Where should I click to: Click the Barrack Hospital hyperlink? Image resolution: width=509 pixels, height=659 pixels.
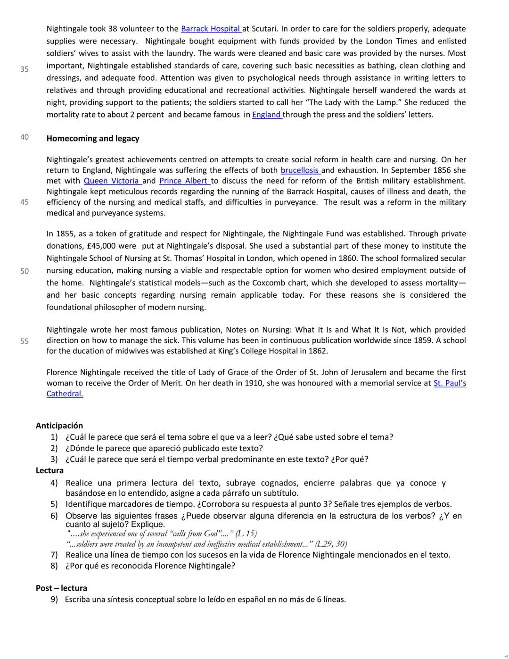pyautogui.click(x=211, y=29)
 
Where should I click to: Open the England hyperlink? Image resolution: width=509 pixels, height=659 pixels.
pyautogui.click(x=267, y=115)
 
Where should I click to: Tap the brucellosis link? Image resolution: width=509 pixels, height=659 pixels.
pyautogui.click(x=300, y=170)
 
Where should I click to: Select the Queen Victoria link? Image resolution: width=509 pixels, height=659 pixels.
pyautogui.click(x=112, y=181)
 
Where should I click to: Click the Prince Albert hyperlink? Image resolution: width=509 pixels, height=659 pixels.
pyautogui.click(x=184, y=181)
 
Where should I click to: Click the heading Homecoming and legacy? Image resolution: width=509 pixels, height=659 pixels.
pyautogui.click(x=93, y=139)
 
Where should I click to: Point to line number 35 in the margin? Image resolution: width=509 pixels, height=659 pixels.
pyautogui.click(x=25, y=69)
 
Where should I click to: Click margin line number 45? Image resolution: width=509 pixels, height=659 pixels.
pyautogui.click(x=25, y=202)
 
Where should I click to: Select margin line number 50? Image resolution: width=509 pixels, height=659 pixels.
pyautogui.click(x=25, y=271)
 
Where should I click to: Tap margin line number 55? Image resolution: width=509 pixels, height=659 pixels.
pyautogui.click(x=25, y=341)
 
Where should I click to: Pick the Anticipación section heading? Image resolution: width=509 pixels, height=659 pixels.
pyautogui.click(x=59, y=425)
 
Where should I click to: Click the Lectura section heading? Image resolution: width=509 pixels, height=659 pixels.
pyautogui.click(x=49, y=470)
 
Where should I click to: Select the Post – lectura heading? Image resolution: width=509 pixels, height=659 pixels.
pyautogui.click(x=61, y=588)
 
